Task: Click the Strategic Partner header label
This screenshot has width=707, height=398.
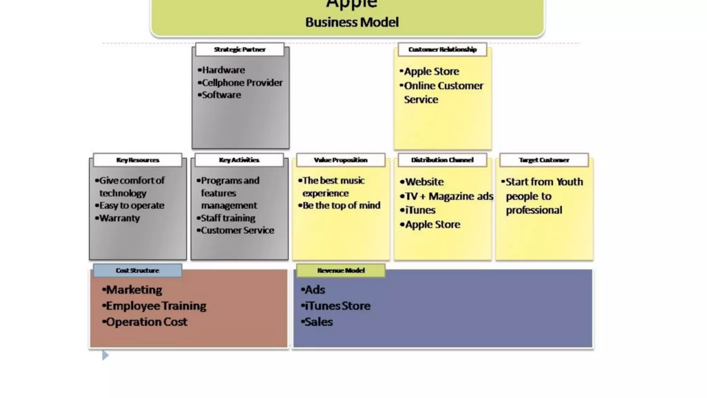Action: click(240, 49)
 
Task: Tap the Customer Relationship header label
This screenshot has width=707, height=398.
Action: click(442, 49)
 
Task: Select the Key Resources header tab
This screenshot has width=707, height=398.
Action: click(137, 160)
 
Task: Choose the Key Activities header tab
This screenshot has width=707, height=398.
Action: click(239, 160)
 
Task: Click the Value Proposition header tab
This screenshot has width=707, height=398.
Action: click(340, 160)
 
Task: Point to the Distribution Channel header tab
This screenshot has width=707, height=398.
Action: click(442, 160)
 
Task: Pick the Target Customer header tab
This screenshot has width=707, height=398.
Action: click(544, 160)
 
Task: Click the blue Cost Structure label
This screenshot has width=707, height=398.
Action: click(137, 271)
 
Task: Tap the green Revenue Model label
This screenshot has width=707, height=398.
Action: click(341, 271)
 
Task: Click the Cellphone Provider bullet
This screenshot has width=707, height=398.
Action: click(242, 83)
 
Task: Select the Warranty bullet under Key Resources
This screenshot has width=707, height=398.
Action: click(119, 218)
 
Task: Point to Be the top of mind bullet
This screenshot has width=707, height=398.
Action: click(341, 206)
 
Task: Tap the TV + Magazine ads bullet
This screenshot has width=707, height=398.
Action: click(448, 196)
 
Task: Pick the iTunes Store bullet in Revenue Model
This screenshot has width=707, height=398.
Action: click(337, 306)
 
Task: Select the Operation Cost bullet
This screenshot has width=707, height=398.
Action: click(146, 322)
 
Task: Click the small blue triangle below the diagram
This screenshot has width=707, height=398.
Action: click(105, 355)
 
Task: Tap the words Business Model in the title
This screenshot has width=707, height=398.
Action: click(352, 22)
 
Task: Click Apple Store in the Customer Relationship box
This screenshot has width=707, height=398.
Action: click(431, 72)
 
